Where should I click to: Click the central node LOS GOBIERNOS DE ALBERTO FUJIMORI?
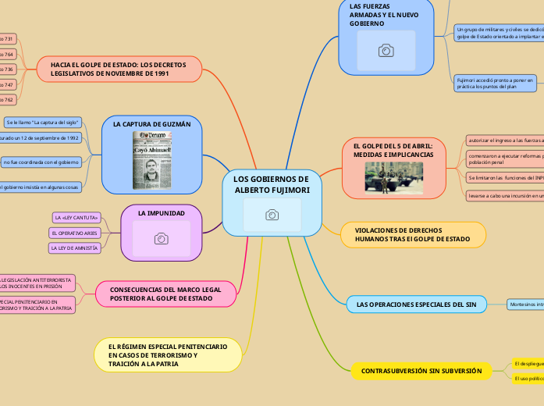tap(272, 185)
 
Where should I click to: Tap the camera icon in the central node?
tap(272, 214)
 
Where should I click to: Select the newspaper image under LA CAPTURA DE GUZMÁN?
tap(155, 159)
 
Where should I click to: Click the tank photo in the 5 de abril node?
tap(393, 176)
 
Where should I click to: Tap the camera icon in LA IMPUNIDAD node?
tap(161, 238)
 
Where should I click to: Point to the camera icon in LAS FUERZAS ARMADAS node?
tap(386, 51)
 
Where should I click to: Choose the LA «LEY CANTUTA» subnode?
tap(76, 216)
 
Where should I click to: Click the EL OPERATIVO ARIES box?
tap(74, 233)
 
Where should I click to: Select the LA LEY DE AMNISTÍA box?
tap(75, 248)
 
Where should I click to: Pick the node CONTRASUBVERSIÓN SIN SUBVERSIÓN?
tap(421, 371)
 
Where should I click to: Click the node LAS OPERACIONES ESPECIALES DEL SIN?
tap(416, 303)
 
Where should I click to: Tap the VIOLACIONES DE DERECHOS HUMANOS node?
tap(414, 234)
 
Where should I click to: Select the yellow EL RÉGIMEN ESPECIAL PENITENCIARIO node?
tap(168, 354)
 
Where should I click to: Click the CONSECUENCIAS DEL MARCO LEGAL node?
tap(160, 293)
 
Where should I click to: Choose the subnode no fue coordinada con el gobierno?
tap(40, 162)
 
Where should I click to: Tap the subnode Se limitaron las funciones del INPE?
tap(503, 178)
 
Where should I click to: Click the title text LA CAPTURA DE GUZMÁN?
tap(151, 124)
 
